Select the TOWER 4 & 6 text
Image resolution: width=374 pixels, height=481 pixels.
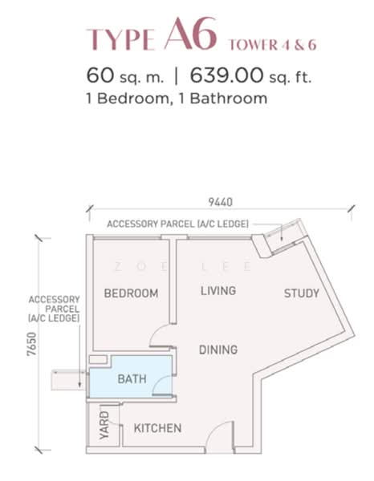tap(273, 43)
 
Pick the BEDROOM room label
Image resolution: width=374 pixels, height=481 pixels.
tap(131, 293)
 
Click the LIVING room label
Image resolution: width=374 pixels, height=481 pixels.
tap(218, 291)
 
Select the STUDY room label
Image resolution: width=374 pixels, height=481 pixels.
tap(302, 293)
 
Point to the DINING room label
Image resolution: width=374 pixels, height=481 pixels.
tap(218, 350)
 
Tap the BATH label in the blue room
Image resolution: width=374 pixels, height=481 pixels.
tap(132, 378)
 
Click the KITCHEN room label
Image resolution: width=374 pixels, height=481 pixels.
tap(157, 428)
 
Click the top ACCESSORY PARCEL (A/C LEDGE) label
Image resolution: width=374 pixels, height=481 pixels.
tap(177, 224)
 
